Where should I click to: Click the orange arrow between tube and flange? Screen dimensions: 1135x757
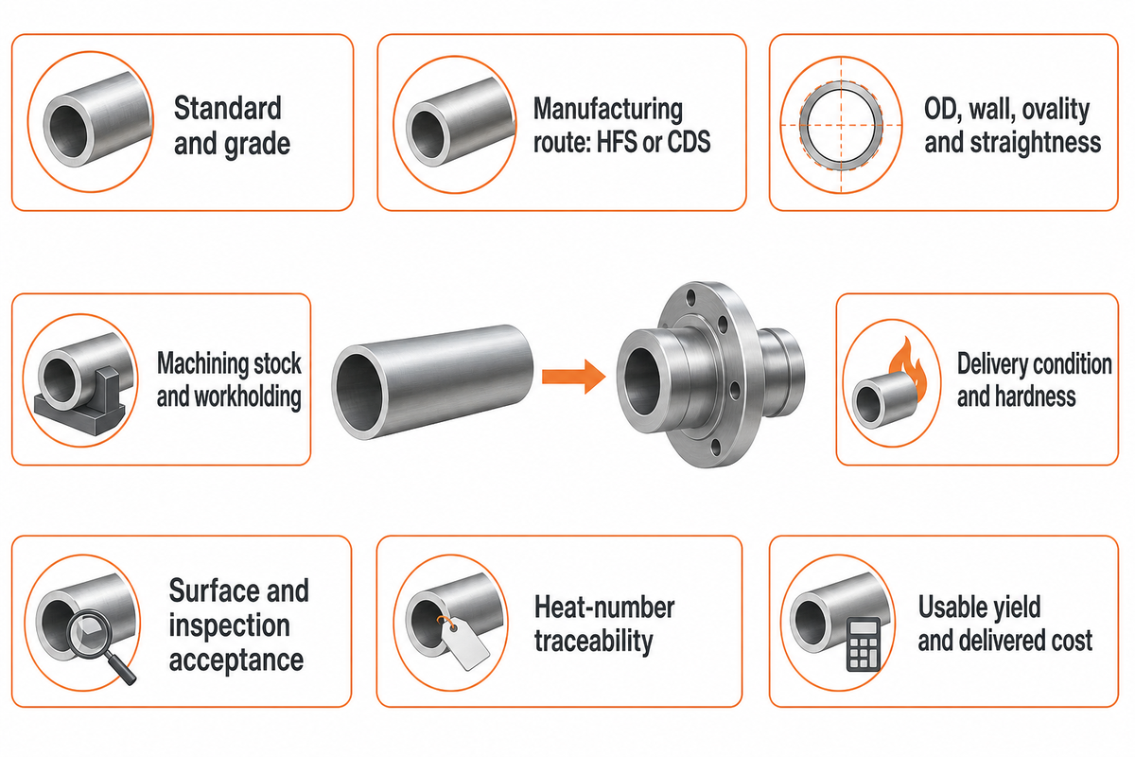(573, 377)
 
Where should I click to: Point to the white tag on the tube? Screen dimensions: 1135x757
(463, 643)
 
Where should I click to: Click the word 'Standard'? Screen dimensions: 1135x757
(228, 108)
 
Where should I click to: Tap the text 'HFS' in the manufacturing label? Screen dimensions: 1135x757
(617, 142)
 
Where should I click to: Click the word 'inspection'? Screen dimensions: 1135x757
(230, 626)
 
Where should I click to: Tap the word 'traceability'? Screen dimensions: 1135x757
(594, 642)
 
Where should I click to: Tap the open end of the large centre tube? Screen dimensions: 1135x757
(360, 393)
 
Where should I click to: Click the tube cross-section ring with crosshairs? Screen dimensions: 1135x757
(841, 125)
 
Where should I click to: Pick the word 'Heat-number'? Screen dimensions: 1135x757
(604, 607)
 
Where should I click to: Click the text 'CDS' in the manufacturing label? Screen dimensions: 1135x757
(690, 142)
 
